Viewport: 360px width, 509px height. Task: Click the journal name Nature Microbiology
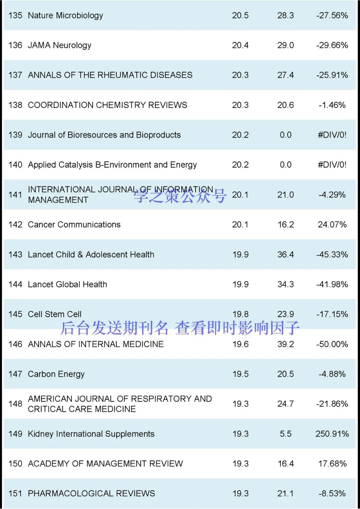pos(65,15)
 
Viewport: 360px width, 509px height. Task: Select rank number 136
pos(15,45)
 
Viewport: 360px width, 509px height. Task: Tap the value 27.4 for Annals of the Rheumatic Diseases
pos(285,75)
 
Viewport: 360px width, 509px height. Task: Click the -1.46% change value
pos(332,105)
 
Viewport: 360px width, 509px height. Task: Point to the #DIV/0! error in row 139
pos(332,135)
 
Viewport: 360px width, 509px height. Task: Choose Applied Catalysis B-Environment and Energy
pos(112,165)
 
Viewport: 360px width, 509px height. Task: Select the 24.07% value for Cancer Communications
pos(332,225)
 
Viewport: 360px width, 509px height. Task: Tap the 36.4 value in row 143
pos(285,255)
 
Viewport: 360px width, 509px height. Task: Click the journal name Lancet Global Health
pos(67,284)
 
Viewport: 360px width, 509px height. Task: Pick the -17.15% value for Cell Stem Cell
pos(332,314)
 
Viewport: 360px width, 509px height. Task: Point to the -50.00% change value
pos(332,344)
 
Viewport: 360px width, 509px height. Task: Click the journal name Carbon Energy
pos(56,374)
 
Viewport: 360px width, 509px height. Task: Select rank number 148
pos(15,404)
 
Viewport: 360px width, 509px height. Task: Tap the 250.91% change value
pos(332,434)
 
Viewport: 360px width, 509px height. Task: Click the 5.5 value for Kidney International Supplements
pos(285,434)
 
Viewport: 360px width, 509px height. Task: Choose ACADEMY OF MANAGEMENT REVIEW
pos(105,464)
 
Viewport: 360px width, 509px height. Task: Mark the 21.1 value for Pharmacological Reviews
pos(285,493)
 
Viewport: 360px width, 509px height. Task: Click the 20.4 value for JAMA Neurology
pos(240,45)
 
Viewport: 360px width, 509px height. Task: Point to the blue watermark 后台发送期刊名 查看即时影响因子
pos(180,328)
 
